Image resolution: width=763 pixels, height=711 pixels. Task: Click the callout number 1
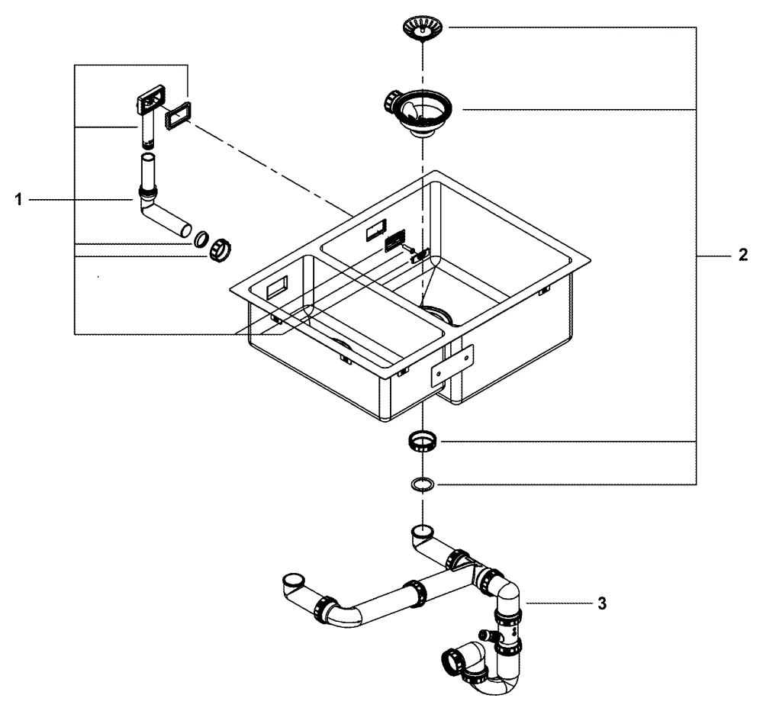(x=17, y=199)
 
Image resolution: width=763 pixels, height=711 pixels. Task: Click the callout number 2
(x=743, y=256)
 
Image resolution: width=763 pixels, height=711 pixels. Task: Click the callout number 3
(x=602, y=603)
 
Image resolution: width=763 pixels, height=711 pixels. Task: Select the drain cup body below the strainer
(x=419, y=111)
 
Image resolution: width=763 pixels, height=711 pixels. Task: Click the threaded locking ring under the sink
(x=422, y=441)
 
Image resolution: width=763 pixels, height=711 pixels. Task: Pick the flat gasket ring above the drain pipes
(x=422, y=484)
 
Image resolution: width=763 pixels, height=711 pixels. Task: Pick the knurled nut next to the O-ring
(x=220, y=249)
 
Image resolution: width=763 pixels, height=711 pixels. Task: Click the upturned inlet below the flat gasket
(x=422, y=531)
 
